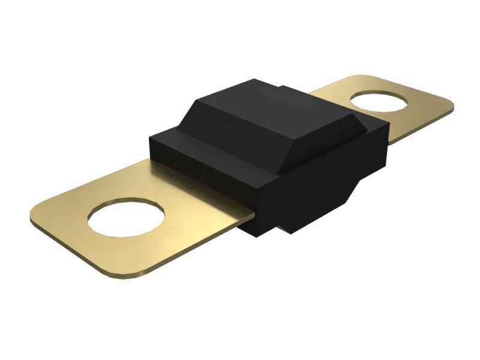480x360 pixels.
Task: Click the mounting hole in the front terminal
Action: pos(127,217)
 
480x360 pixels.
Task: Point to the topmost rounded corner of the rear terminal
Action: pos(360,78)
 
